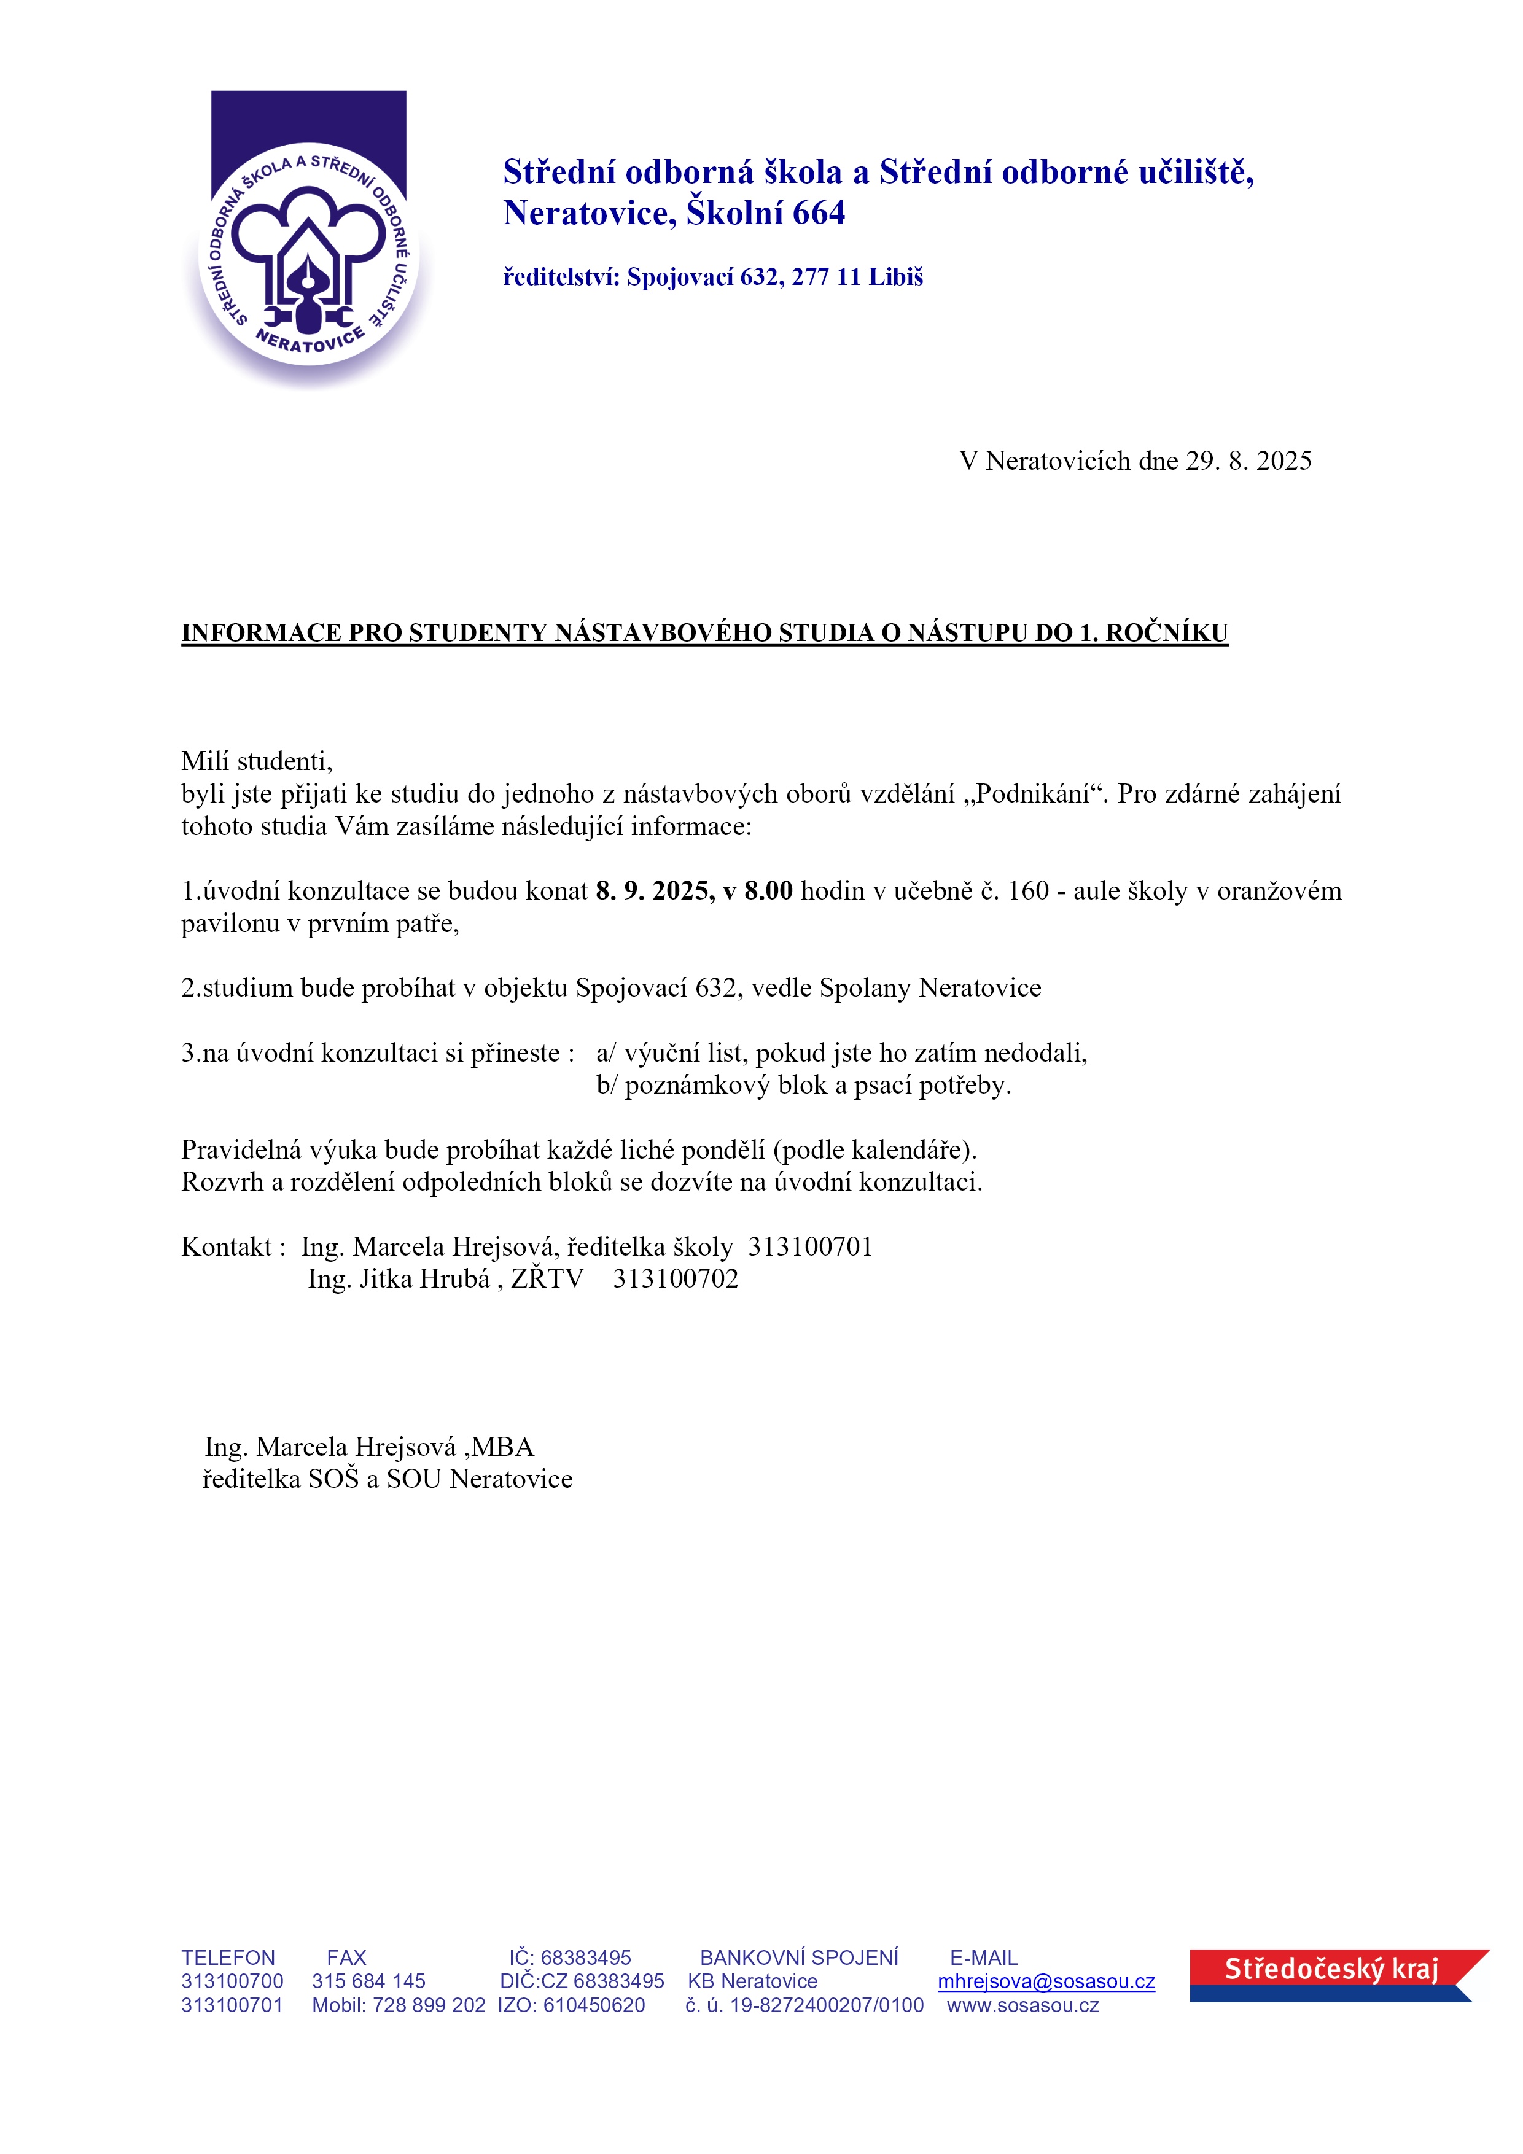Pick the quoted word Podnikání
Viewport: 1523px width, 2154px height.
point(1032,794)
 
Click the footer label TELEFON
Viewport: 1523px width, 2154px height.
point(228,1958)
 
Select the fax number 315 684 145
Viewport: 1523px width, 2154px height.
point(369,1981)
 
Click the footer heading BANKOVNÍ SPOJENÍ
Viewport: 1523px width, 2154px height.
point(798,1958)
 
